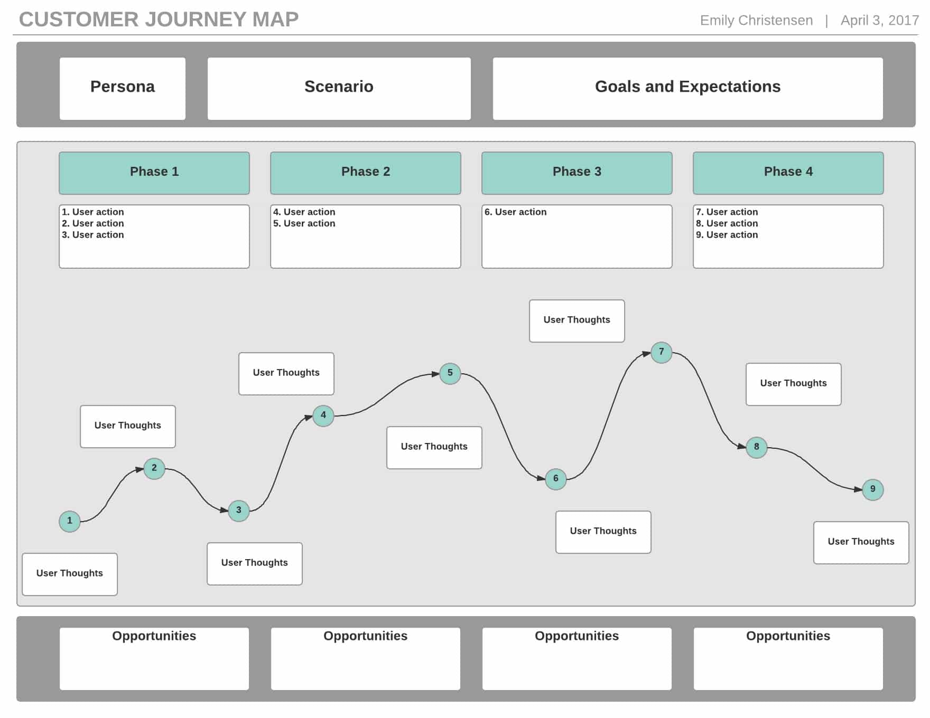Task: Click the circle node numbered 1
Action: point(70,521)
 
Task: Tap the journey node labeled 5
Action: point(450,373)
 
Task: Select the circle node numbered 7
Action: point(662,352)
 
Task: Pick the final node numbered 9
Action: point(873,489)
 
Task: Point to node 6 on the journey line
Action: point(556,479)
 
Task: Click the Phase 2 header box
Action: point(366,173)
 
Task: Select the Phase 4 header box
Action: point(788,173)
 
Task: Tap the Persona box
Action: point(123,89)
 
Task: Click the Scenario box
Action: point(339,89)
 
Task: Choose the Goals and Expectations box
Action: point(688,89)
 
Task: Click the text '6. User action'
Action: point(516,212)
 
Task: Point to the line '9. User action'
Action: point(727,235)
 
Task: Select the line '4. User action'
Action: point(304,212)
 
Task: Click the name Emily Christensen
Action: point(757,20)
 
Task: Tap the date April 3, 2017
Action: point(880,20)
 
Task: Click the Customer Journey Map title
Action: point(159,20)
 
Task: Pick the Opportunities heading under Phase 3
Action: point(577,636)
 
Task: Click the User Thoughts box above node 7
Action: point(577,321)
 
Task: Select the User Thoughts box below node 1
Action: point(70,574)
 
